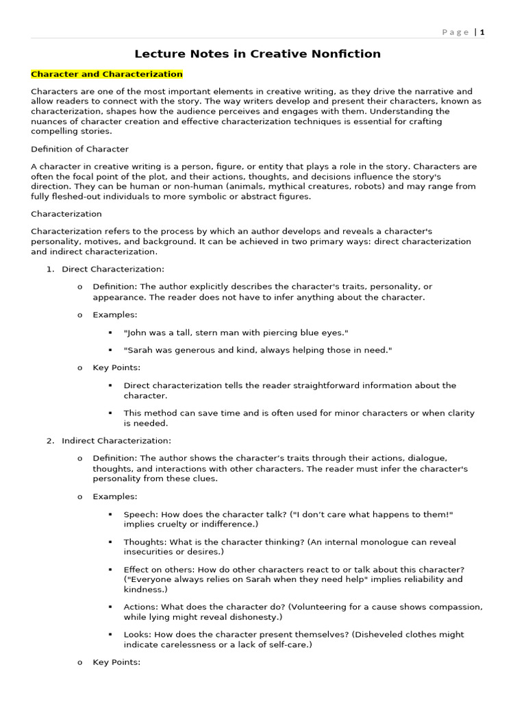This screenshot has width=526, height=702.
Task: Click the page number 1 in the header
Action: (x=482, y=32)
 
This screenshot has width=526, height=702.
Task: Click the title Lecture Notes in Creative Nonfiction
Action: (x=258, y=53)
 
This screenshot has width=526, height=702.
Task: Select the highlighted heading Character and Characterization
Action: (x=107, y=74)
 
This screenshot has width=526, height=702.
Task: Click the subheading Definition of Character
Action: (x=79, y=149)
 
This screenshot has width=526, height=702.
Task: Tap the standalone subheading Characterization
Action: (x=66, y=214)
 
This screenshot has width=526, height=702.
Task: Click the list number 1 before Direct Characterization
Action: (x=50, y=269)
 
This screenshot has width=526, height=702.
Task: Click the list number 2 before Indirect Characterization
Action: (x=50, y=440)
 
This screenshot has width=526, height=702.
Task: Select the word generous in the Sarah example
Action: (x=192, y=350)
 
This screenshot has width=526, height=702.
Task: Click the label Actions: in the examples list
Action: (x=141, y=607)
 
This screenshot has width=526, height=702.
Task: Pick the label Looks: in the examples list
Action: (x=138, y=635)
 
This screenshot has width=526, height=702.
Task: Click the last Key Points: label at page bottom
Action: (x=116, y=662)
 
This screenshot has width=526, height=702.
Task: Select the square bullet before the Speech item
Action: (x=110, y=514)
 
